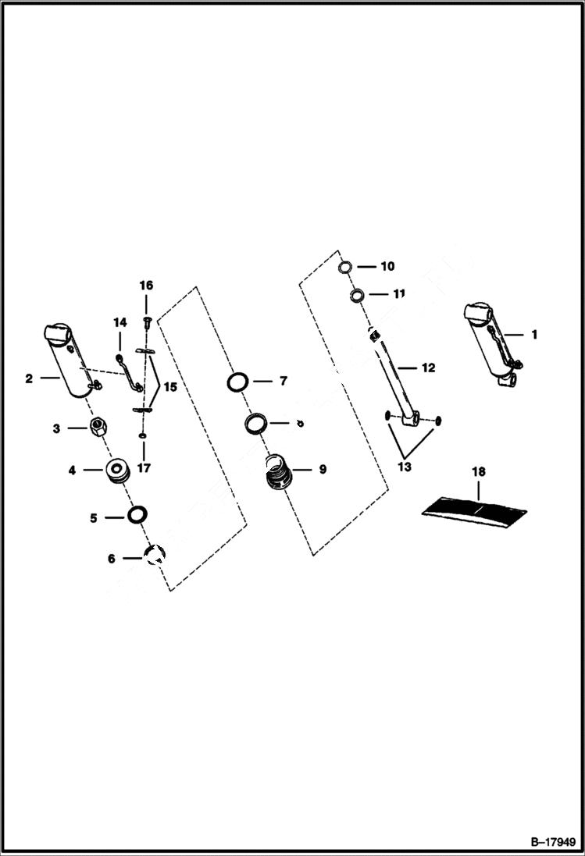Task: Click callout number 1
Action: (534, 335)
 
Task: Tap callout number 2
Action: (29, 379)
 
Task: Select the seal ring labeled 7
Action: (238, 382)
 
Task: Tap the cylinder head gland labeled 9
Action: (279, 471)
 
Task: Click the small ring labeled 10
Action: (346, 268)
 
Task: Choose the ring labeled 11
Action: (357, 295)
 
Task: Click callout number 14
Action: (119, 322)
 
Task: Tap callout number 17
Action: (144, 468)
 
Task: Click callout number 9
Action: (323, 470)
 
